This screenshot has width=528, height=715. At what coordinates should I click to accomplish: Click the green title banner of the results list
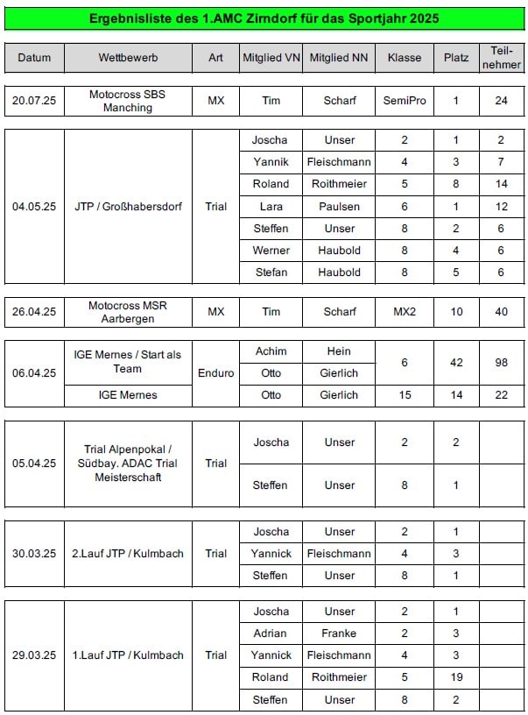point(264,18)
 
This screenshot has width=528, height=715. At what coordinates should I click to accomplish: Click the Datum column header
point(34,58)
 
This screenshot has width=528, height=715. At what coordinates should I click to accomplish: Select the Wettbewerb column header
point(128,58)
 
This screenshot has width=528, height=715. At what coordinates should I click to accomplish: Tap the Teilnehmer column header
point(501,58)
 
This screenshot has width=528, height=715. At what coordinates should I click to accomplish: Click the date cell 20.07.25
point(34,101)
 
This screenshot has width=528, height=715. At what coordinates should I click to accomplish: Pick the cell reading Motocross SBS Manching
point(128,101)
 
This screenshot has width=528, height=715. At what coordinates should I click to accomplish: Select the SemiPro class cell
point(405,101)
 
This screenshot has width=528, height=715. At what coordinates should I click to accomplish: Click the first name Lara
point(271,206)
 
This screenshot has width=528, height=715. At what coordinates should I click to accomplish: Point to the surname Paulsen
point(339,206)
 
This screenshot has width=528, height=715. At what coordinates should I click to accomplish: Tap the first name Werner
point(271,251)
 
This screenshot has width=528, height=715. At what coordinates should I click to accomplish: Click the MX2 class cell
point(405,311)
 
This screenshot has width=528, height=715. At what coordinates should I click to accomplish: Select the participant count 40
point(501,311)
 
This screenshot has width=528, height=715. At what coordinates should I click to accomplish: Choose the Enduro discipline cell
point(215,372)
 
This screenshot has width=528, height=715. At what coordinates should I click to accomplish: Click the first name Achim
point(271,351)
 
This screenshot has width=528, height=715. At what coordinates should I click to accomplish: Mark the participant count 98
point(501,362)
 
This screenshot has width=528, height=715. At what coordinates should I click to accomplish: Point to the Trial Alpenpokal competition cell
point(128,463)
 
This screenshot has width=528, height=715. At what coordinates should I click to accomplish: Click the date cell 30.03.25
point(34,553)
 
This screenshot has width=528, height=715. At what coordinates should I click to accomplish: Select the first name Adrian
point(271,633)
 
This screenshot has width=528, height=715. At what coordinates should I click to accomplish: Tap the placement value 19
point(455,676)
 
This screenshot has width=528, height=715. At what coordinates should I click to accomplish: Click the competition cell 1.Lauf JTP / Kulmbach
point(128,655)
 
